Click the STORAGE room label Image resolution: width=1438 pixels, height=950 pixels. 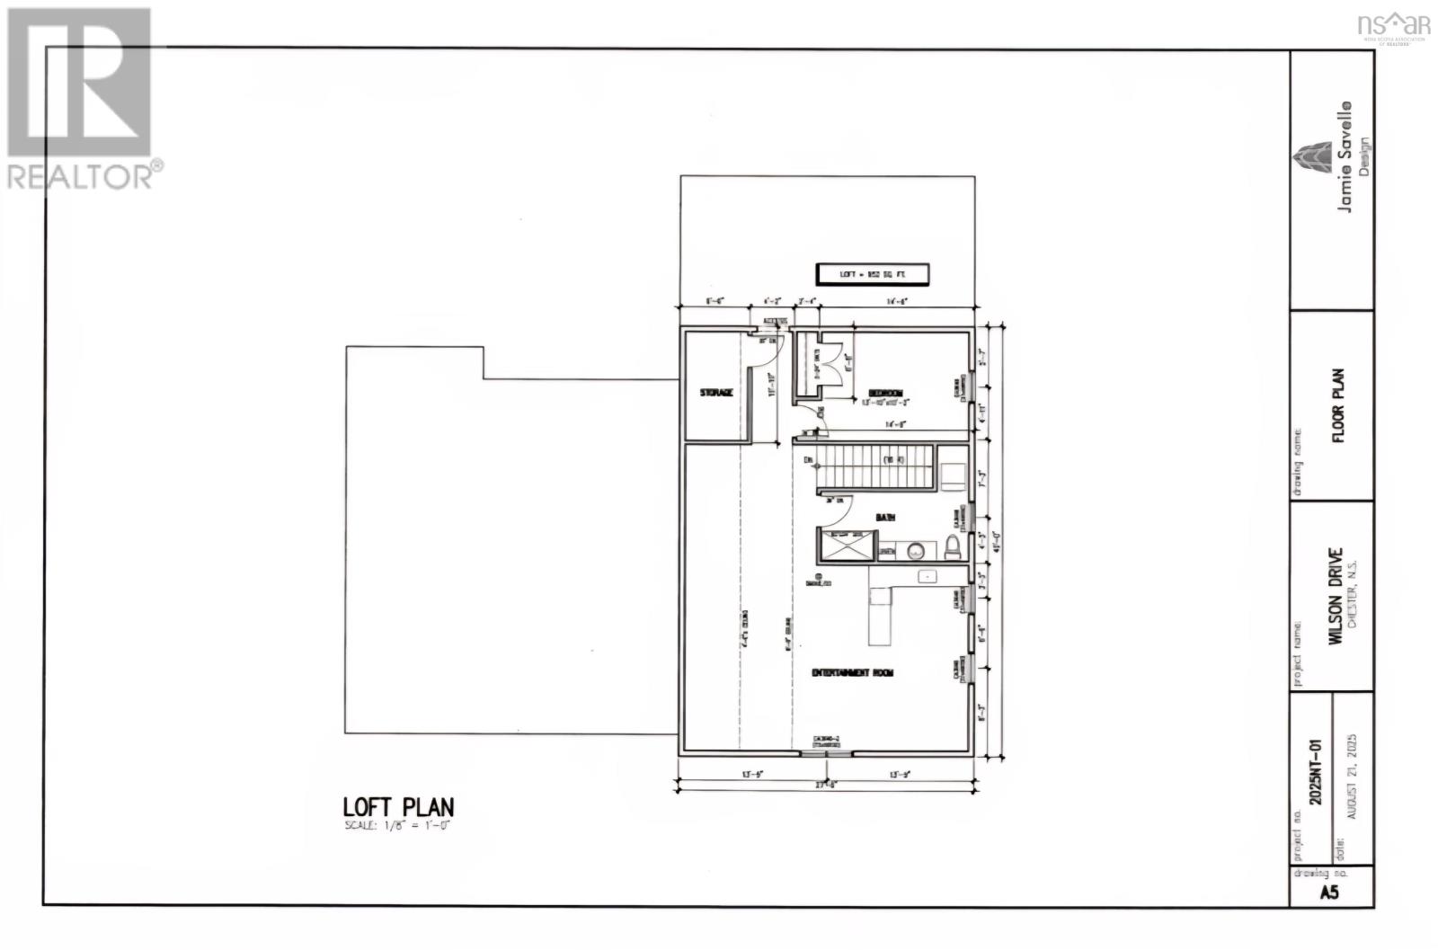click(x=717, y=393)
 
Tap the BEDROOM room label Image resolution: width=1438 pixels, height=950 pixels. click(x=885, y=393)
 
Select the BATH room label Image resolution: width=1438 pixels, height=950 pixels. click(x=885, y=518)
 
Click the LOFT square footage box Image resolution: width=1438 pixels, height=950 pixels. click(x=871, y=274)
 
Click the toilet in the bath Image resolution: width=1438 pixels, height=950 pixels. click(x=953, y=546)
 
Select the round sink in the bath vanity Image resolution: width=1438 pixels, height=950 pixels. click(x=916, y=550)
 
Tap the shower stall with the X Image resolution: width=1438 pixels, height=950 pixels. click(x=843, y=546)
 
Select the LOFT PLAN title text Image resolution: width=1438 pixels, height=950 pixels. click(x=398, y=806)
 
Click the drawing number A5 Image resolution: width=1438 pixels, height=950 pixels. click(x=1329, y=892)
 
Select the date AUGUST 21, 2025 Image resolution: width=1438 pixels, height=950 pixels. click(x=1351, y=776)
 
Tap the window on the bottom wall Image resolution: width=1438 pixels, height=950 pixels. click(x=826, y=750)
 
